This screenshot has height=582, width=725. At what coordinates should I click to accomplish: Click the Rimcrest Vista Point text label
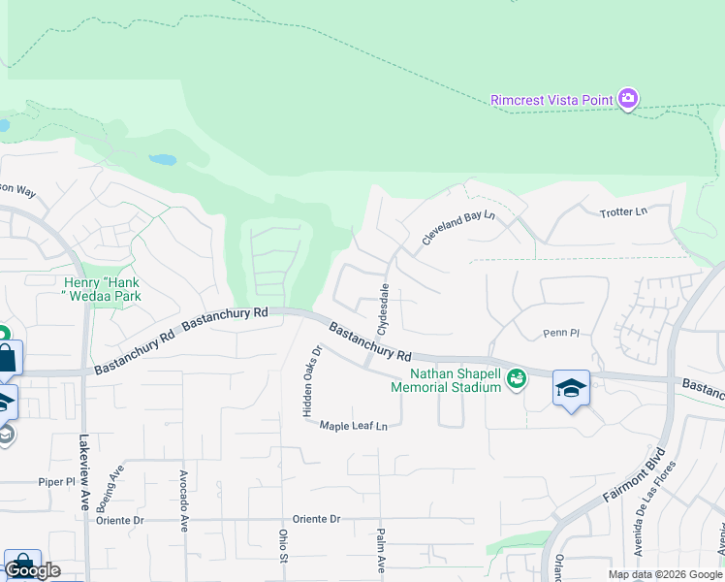point(552,99)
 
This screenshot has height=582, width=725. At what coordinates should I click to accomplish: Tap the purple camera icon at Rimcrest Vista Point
point(629,98)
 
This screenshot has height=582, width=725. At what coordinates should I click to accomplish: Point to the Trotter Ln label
point(622,211)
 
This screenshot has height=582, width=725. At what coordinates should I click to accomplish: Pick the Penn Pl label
point(560,333)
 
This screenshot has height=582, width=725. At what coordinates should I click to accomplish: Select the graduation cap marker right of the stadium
point(571,389)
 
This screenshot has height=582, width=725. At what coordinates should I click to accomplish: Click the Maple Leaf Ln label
point(354,426)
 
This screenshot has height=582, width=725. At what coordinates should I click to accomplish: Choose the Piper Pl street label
point(56,482)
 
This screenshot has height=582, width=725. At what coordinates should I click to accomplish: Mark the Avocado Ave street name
point(183,501)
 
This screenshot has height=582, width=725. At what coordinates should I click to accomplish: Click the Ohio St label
point(284,546)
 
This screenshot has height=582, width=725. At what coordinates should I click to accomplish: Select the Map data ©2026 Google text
point(664,574)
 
